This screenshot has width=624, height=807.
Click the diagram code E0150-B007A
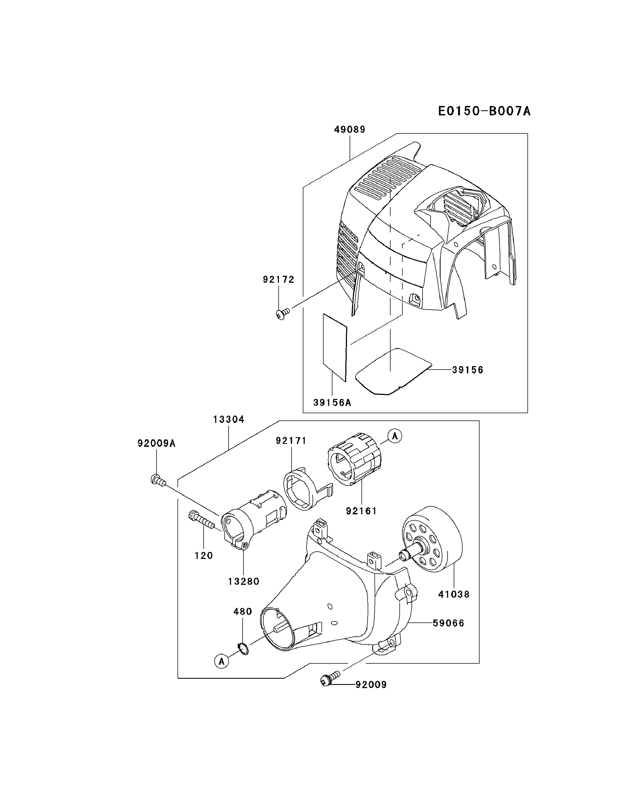pyautogui.click(x=484, y=111)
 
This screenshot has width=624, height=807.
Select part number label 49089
pyautogui.click(x=349, y=130)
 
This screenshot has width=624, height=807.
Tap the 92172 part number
pyautogui.click(x=279, y=280)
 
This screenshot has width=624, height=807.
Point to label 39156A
pyautogui.click(x=332, y=403)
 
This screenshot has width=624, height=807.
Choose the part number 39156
pyautogui.click(x=467, y=370)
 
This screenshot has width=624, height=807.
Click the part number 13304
pyautogui.click(x=229, y=420)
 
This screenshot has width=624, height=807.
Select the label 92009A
pyautogui.click(x=156, y=443)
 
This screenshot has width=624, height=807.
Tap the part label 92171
pyautogui.click(x=291, y=441)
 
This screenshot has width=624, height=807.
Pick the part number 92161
pyautogui.click(x=361, y=511)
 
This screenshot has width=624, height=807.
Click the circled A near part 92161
pyautogui.click(x=395, y=436)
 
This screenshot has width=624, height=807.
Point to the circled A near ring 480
pyautogui.click(x=222, y=661)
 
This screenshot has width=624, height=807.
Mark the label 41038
pyautogui.click(x=454, y=594)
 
